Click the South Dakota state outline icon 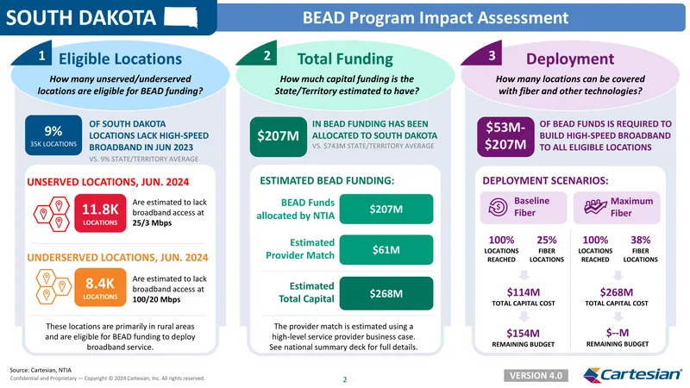point(181,17)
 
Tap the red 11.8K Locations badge point(100,213)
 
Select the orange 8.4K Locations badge point(100,287)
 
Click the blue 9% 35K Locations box point(53,135)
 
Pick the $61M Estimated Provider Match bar point(386,250)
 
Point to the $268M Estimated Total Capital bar point(386,293)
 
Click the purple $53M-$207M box point(505,136)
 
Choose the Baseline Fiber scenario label point(524,207)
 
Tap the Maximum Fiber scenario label point(617,207)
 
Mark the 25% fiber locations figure point(547,241)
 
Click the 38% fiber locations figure point(640,241)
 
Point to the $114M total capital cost point(524,292)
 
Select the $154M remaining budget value point(524,333)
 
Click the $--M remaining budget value point(617,333)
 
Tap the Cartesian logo point(632,375)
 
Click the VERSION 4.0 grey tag point(536,376)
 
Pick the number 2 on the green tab point(267,56)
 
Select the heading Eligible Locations point(120,59)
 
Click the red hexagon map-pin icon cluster point(52,214)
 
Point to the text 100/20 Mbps point(156,299)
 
